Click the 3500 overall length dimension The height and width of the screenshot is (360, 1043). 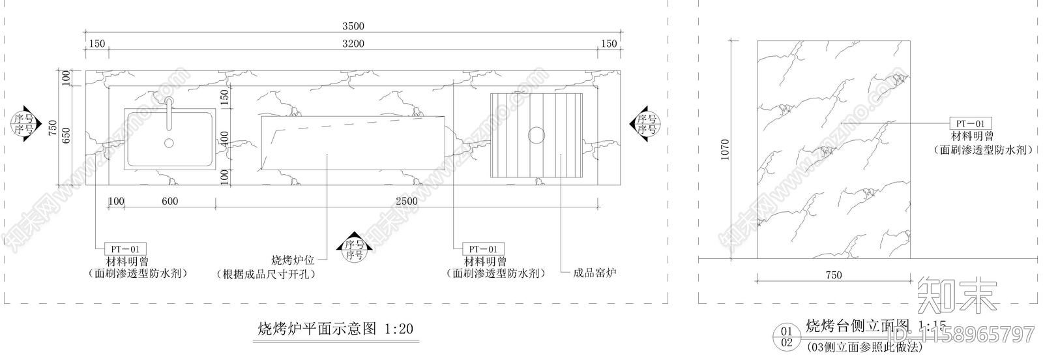tap(353, 27)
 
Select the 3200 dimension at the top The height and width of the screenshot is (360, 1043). tap(353, 44)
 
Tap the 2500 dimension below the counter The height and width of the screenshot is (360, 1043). tap(407, 201)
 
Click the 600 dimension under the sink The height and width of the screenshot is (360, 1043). tap(169, 201)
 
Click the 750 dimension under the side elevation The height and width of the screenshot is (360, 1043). tap(834, 275)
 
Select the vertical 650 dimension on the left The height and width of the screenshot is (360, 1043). tap(65, 135)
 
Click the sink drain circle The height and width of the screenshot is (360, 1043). tap(169, 143)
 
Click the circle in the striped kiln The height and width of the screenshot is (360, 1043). tap(536, 135)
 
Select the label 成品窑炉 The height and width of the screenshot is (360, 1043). tap(595, 273)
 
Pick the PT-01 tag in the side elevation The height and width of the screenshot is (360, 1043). tap(970, 123)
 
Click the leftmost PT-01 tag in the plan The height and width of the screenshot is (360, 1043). tap(126, 248)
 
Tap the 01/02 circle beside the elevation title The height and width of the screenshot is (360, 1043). tap(786, 337)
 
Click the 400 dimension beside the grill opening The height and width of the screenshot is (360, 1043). tap(224, 138)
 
